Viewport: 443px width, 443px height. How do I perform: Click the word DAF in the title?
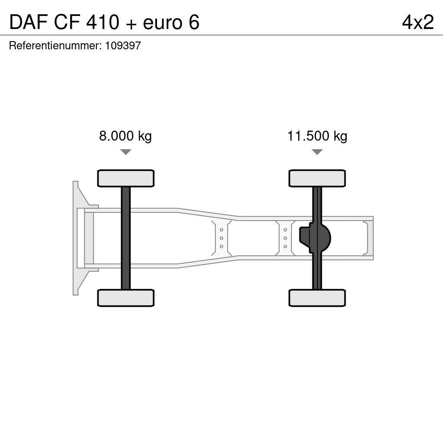[x=28, y=22]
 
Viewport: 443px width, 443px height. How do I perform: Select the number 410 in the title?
[x=103, y=22]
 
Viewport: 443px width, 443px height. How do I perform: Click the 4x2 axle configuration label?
[x=418, y=22]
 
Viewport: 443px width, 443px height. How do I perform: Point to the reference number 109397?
[x=123, y=45]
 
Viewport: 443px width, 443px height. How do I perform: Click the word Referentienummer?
[x=55, y=45]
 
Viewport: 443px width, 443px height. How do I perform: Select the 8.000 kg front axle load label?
[x=125, y=136]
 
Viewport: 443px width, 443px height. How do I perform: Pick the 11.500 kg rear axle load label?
[x=317, y=136]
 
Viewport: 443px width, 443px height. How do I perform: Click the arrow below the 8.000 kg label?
[x=126, y=152]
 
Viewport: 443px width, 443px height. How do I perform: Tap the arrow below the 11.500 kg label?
[x=317, y=152]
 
